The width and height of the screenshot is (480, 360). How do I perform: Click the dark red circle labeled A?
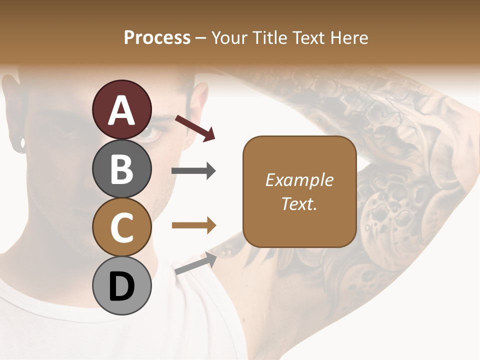[121, 109]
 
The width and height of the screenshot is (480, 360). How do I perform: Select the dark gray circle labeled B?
[121, 168]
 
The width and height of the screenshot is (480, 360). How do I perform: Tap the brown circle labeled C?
[121, 227]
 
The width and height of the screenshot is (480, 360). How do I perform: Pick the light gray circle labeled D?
[121, 286]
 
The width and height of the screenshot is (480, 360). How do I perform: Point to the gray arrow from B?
[193, 171]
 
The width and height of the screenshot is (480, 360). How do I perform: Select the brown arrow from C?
[193, 225]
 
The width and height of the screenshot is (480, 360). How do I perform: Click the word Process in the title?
[157, 37]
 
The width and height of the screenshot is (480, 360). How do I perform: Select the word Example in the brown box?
[299, 180]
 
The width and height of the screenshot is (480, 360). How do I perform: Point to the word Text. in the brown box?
[299, 203]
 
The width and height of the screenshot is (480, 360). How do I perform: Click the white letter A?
[121, 110]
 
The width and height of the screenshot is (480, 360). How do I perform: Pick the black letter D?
[121, 287]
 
